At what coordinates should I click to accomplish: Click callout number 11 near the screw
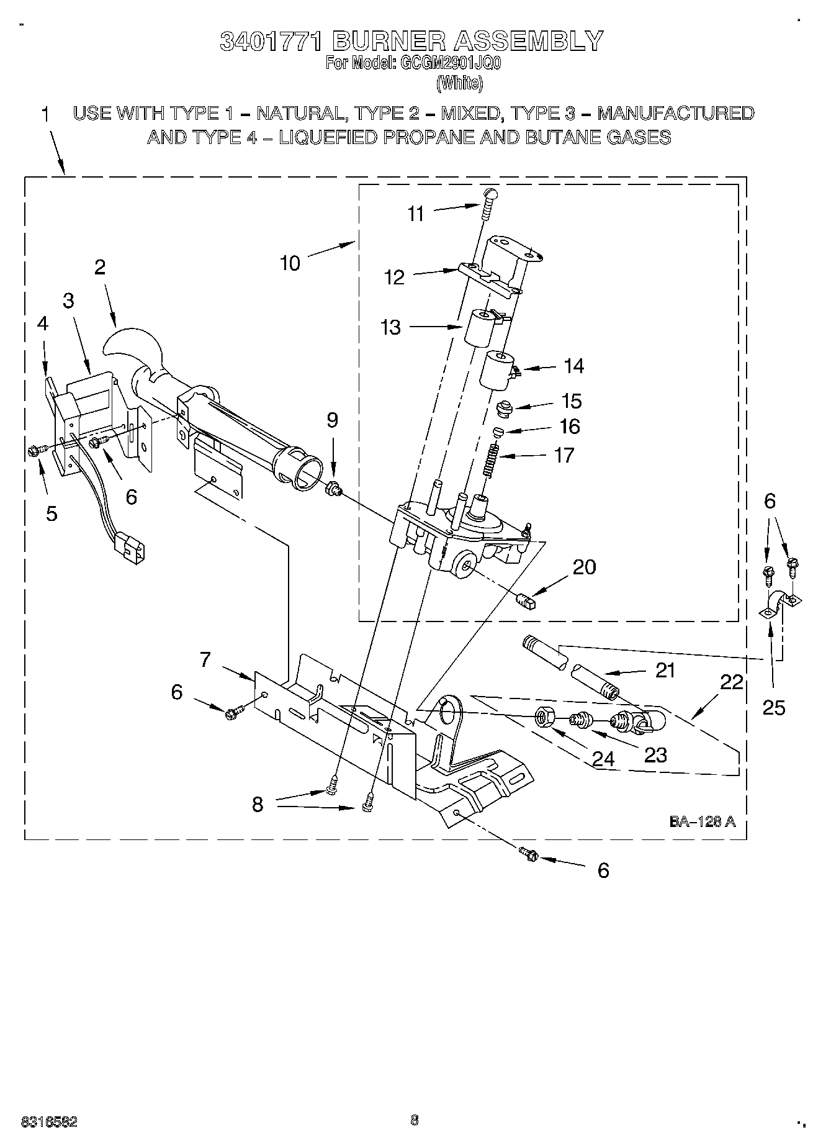pos(415,214)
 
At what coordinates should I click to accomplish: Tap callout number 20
pos(584,567)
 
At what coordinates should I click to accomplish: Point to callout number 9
pos(332,420)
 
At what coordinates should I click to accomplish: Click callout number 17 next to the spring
pos(564,455)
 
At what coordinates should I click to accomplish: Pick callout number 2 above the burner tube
pos(99,268)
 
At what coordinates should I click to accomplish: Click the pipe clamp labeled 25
pos(780,605)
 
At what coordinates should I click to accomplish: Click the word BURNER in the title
pos(389,41)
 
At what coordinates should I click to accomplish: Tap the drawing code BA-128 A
pos(702,821)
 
